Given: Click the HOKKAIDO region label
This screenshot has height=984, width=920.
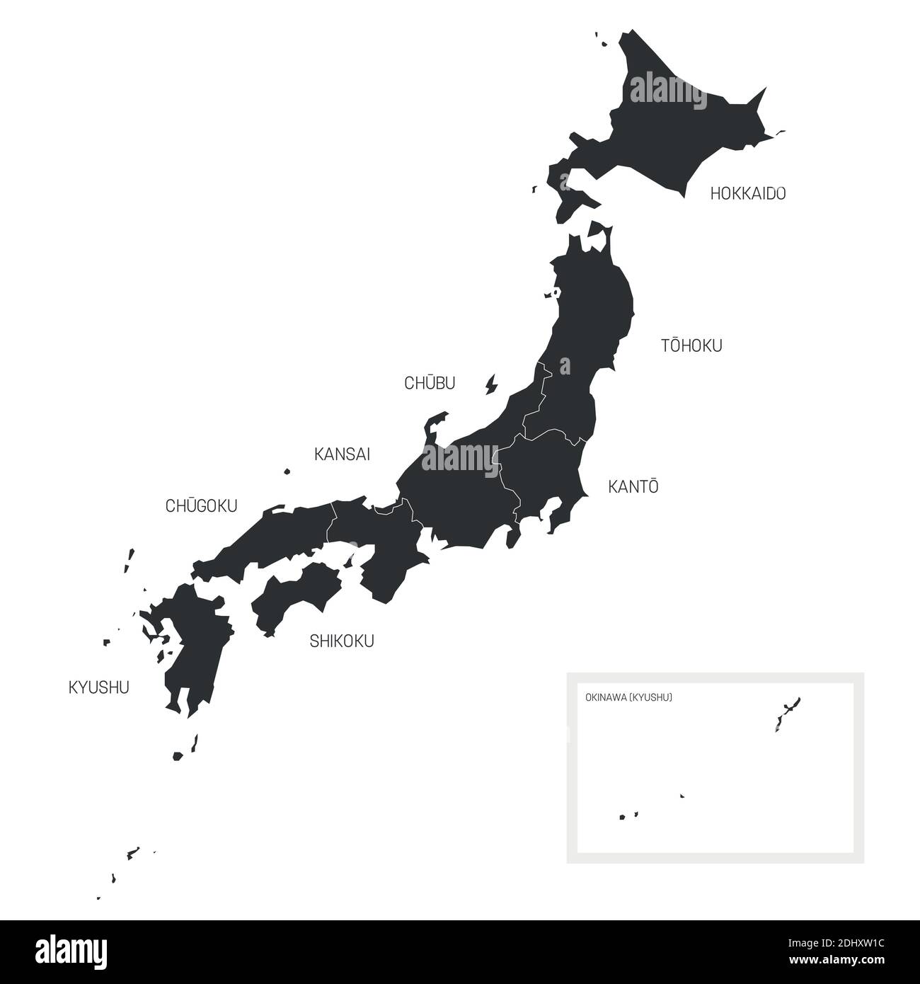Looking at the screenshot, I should click(748, 193).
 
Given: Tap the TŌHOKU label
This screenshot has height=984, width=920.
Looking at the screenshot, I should click(691, 345).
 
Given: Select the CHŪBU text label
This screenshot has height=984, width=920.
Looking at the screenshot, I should click(430, 383).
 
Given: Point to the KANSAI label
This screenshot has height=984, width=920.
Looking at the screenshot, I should click(342, 454).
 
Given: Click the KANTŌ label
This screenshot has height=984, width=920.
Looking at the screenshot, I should click(633, 487).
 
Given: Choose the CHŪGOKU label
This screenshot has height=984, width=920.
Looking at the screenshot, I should click(201, 506).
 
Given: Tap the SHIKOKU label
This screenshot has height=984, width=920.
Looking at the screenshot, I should click(342, 641).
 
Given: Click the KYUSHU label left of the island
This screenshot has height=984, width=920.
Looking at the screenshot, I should click(98, 687).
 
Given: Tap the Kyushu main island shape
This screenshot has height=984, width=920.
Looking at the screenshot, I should click(195, 644).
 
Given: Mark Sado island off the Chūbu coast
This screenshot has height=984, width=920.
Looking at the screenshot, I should click(490, 385).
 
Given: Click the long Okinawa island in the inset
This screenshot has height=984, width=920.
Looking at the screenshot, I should click(788, 711).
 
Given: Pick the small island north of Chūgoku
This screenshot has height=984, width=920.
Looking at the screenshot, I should click(287, 471).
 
